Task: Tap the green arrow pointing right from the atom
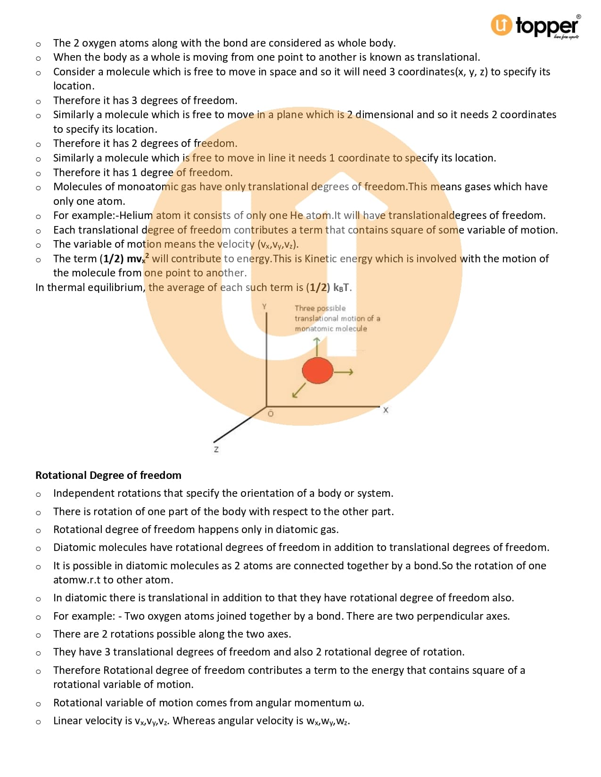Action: point(344,372)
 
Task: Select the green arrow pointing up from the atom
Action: point(317,347)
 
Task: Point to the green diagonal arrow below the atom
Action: point(299,390)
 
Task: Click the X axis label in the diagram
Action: point(386,410)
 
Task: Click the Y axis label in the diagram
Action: point(264,307)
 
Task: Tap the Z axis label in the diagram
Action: point(216,449)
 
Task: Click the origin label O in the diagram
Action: point(271,413)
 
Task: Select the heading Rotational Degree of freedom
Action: point(108,475)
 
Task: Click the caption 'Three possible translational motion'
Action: point(337,318)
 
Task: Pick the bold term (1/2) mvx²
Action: point(124,259)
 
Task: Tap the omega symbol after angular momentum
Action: point(358,703)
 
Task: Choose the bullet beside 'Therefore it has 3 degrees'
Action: point(38,101)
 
